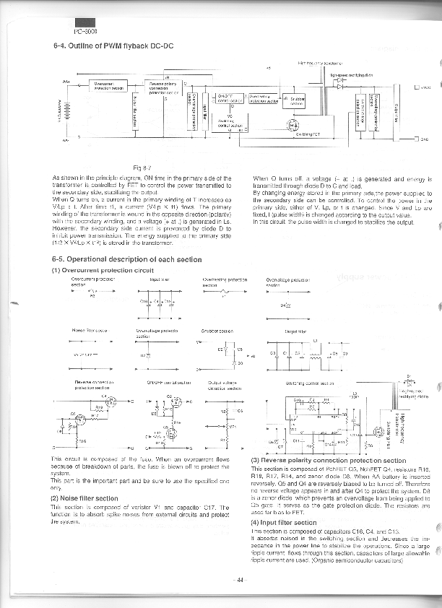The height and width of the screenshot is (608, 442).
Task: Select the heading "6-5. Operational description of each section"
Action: [116, 259]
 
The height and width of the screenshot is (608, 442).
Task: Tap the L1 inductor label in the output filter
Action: [315, 340]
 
